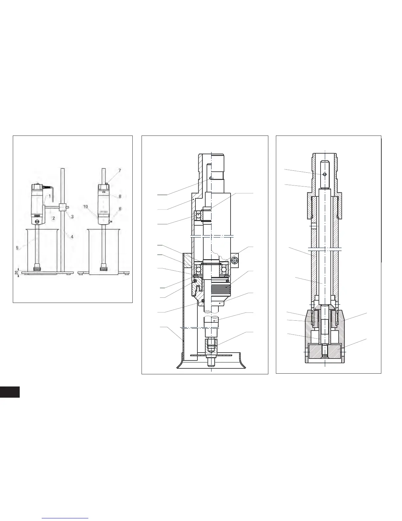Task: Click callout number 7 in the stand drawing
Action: (120, 170)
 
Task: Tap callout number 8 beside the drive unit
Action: (120, 196)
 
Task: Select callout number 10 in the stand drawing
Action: (85, 207)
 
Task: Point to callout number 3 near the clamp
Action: (72, 216)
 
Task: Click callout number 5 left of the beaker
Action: (17, 248)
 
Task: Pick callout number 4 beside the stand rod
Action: (72, 236)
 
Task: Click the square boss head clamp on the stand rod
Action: (62, 207)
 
